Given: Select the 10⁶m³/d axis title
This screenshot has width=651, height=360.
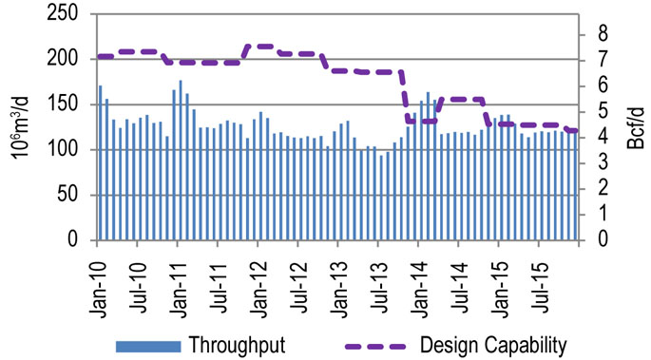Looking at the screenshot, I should pyautogui.click(x=19, y=127).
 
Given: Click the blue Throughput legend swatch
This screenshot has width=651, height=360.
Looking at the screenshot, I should pyautogui.click(x=147, y=344).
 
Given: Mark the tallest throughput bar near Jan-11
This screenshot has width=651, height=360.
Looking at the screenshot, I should pyautogui.click(x=181, y=161).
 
